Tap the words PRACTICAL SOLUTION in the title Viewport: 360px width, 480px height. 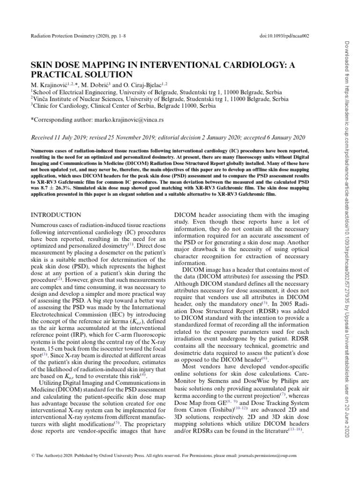tap(82, 75)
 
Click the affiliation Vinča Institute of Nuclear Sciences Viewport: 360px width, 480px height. tap(89, 99)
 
